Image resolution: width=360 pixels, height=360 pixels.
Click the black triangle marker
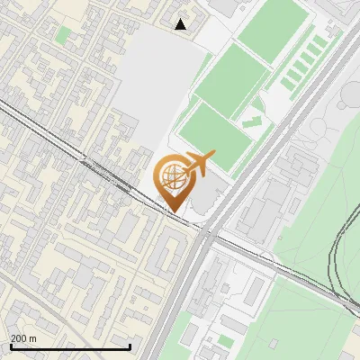(x=181, y=24)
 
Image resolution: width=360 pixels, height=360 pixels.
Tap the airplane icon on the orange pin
(x=195, y=164)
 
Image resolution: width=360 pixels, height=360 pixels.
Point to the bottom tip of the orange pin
(x=172, y=211)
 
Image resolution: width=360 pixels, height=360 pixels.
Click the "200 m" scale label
(x=23, y=338)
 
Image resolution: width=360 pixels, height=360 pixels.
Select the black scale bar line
(x=70, y=346)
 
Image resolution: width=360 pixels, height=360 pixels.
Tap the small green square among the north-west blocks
(x=62, y=35)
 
